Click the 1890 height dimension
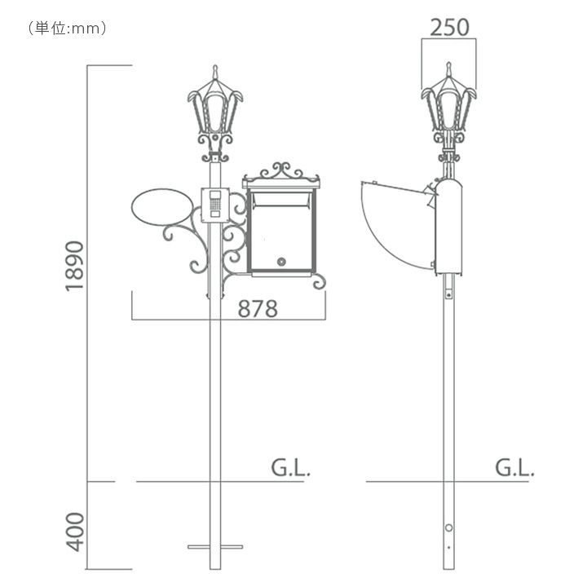[x=74, y=266]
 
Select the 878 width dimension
[x=258, y=309]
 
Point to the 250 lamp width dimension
[x=449, y=28]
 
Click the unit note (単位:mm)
[x=68, y=28]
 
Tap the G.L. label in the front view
[x=290, y=468]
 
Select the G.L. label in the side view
[x=514, y=468]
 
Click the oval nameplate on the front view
[x=162, y=207]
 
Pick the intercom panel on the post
[x=215, y=205]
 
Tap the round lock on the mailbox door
[x=281, y=262]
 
